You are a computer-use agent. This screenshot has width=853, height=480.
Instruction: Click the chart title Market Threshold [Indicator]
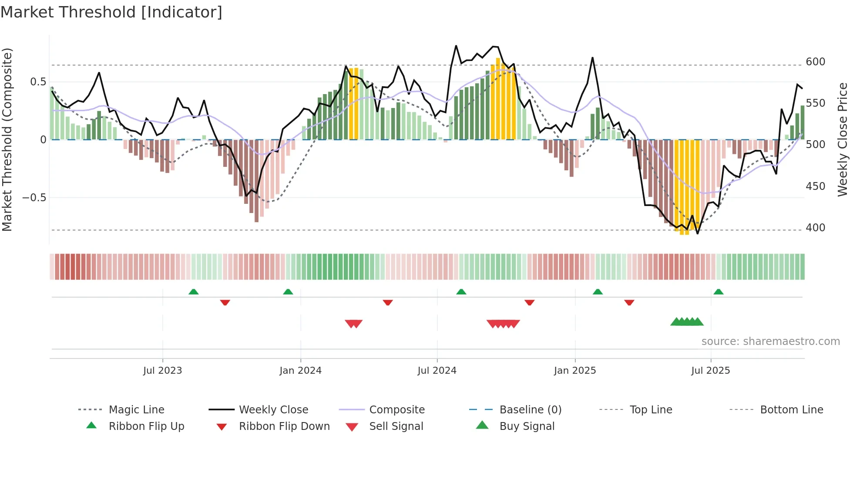tap(111, 12)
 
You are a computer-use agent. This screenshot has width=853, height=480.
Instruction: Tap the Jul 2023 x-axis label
tap(162, 371)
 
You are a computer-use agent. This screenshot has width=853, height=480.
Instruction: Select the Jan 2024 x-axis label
tap(300, 371)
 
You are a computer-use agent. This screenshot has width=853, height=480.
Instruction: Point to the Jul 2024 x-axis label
tap(437, 371)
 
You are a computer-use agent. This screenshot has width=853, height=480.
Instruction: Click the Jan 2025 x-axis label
tap(574, 371)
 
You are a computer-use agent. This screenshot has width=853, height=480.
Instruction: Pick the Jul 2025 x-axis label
tap(710, 371)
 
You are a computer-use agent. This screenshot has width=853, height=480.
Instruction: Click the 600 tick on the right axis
tap(815, 62)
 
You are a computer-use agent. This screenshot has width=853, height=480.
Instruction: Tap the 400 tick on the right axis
tap(815, 228)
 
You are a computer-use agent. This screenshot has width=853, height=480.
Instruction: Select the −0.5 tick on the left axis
tap(34, 198)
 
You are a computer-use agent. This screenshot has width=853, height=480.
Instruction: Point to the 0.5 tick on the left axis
tap(38, 82)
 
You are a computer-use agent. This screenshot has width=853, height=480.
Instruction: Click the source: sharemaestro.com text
tap(770, 341)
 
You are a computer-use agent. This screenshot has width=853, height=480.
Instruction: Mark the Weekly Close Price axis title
tap(843, 139)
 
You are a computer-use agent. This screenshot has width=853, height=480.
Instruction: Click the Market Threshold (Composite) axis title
tap(7, 139)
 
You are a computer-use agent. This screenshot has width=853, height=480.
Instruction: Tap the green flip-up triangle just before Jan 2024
tap(288, 292)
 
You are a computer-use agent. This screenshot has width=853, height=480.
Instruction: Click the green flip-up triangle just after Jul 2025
tap(718, 292)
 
